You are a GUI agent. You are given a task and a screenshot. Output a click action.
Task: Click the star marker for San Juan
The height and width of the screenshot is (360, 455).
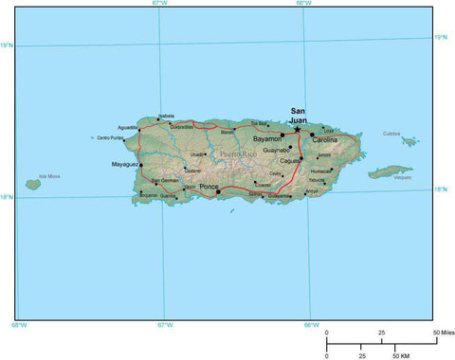pos(298,129)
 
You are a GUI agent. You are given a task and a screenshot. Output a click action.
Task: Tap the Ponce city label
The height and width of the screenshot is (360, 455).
pos(208,188)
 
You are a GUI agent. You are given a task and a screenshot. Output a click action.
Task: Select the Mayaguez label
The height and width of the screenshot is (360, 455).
pos(124,164)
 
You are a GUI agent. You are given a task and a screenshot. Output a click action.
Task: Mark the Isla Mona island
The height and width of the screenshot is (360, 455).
pos(34,185)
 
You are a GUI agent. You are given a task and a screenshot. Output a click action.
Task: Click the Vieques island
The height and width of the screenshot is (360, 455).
pos(390,172)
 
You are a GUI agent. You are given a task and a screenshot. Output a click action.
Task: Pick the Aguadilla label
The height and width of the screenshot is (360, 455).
pos(128,127)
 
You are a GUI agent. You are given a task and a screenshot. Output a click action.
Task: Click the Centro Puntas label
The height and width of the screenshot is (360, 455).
pos(111,138)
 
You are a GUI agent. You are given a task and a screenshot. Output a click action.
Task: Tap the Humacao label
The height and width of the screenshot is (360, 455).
pos(321,171)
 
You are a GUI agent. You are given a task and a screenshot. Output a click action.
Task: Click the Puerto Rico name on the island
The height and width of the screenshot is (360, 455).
pos(238,153)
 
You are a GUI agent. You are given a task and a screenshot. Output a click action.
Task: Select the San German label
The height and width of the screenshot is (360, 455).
pos(164,180)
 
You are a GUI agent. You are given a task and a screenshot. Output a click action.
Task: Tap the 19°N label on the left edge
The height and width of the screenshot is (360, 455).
pos(7,45)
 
